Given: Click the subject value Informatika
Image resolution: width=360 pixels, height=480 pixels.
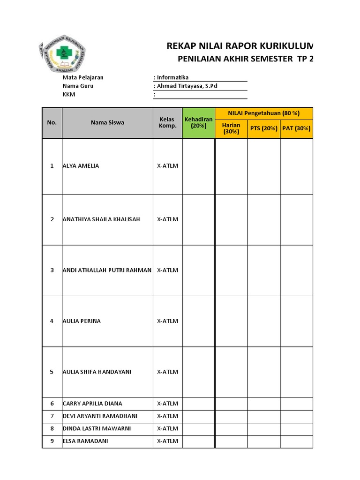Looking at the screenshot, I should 173,77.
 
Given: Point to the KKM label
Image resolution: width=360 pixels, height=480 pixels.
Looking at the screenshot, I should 68,94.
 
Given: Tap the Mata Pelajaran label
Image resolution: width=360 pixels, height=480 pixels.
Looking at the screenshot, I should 82,77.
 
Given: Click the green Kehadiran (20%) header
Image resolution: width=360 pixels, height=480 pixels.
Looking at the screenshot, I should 198,122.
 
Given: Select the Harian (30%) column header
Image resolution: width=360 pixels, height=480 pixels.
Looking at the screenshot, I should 231,128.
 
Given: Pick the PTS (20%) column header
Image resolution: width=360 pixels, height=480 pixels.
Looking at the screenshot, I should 264,128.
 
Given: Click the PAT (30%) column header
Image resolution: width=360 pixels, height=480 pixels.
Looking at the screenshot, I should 296,128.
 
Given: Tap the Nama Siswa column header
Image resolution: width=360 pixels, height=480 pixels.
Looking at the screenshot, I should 107,122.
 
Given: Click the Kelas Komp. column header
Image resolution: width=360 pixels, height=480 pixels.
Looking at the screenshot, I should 167,122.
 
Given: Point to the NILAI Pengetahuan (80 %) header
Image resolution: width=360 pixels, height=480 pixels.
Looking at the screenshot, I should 264,113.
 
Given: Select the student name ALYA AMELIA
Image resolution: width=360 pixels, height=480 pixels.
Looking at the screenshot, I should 81,166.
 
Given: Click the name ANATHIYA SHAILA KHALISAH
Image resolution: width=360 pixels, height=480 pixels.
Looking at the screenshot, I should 101,219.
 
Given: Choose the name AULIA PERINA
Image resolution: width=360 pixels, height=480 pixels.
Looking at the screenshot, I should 82,321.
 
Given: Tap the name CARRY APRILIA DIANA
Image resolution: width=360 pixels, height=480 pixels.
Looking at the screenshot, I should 92,404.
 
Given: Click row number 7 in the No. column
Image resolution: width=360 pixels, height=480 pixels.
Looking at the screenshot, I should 52,416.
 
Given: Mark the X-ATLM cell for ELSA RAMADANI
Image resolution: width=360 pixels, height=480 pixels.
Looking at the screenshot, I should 167,442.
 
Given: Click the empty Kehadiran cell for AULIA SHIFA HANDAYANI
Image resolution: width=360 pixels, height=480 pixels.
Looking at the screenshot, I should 198,372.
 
